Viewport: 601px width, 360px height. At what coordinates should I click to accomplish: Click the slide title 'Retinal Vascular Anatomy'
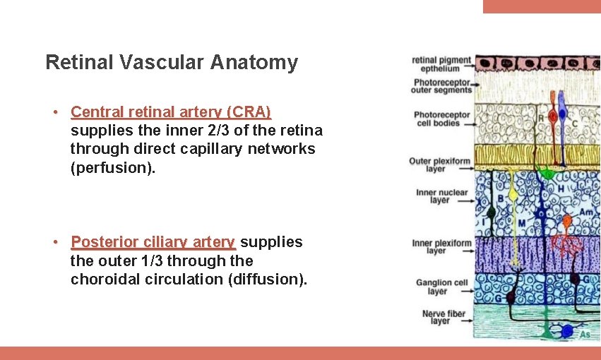(172, 63)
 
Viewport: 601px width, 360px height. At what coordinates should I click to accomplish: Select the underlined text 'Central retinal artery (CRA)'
(171, 112)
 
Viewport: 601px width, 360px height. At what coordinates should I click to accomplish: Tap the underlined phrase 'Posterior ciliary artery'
(153, 242)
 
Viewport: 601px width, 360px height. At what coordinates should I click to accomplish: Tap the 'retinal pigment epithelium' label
(440, 64)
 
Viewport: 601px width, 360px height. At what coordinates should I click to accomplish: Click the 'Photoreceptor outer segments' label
(442, 86)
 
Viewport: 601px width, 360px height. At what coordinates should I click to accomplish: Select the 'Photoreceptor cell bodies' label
(441, 119)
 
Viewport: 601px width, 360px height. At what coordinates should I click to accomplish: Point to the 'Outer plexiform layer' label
(439, 164)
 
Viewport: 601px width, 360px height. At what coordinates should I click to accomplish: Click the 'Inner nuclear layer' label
(441, 196)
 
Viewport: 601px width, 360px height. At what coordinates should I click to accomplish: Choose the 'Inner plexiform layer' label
(441, 247)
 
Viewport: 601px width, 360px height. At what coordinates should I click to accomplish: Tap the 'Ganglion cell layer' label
(441, 287)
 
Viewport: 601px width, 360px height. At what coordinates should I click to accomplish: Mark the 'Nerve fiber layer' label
(440, 317)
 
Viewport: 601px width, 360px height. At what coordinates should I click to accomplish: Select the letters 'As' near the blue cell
(585, 334)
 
